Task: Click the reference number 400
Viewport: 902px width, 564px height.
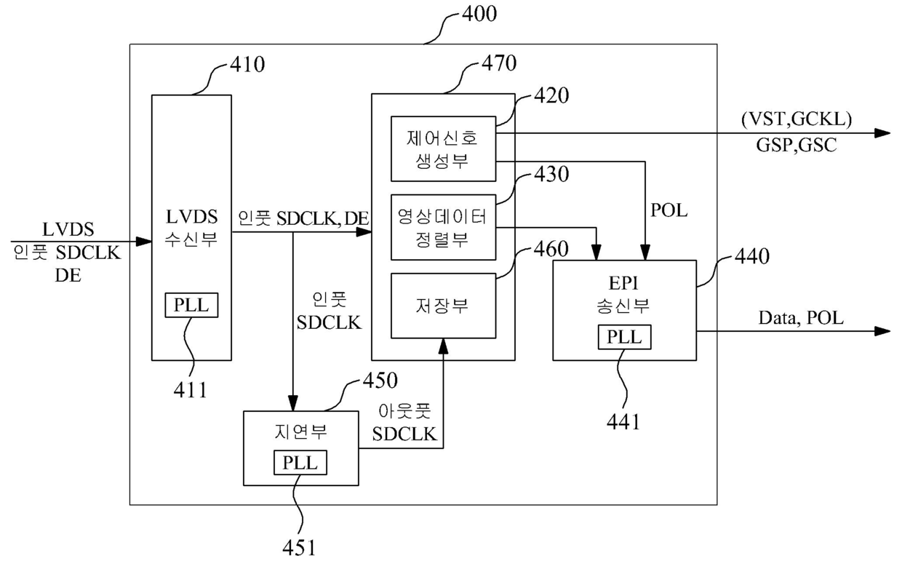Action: pyautogui.click(x=479, y=14)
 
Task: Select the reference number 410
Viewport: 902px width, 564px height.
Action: pyautogui.click(x=247, y=65)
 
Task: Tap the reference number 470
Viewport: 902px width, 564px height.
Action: pyautogui.click(x=499, y=63)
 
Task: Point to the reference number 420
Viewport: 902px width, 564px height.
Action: pyautogui.click(x=551, y=95)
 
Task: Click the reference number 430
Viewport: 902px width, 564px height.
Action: pyautogui.click(x=551, y=174)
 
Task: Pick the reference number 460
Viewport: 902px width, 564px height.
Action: pyautogui.click(x=551, y=249)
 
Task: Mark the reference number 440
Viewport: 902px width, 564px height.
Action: pyautogui.click(x=752, y=256)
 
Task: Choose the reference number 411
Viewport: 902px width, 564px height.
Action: pyautogui.click(x=190, y=390)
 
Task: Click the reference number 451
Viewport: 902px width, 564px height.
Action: pyautogui.click(x=299, y=548)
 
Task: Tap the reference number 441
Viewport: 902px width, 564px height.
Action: pyautogui.click(x=623, y=422)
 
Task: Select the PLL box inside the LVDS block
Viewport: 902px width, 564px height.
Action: pyautogui.click(x=191, y=306)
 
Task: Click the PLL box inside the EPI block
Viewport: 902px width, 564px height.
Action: pyautogui.click(x=624, y=337)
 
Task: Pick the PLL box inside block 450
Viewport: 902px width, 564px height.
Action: pyautogui.click(x=300, y=463)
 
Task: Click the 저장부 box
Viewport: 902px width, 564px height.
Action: pyautogui.click(x=443, y=306)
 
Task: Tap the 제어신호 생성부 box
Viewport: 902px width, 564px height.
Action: pyautogui.click(x=443, y=149)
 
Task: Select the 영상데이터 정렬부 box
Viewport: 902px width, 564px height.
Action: pyautogui.click(x=443, y=227)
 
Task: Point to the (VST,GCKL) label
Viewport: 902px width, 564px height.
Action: pyautogui.click(x=797, y=119)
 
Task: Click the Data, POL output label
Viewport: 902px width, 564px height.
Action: pyautogui.click(x=801, y=318)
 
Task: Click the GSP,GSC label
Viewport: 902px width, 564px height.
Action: pyautogui.click(x=797, y=145)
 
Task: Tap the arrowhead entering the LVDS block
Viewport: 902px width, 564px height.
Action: pyautogui.click(x=144, y=242)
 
